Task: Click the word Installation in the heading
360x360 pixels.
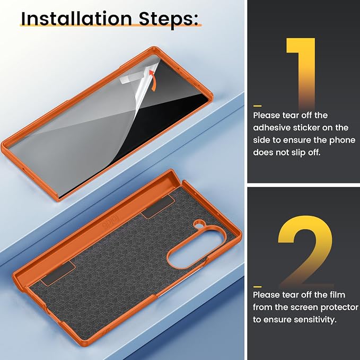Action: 76,19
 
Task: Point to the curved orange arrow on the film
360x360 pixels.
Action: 153,81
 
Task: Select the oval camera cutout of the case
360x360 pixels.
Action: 195,249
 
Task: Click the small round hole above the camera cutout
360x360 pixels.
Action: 199,223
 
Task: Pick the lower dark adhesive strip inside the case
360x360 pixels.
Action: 58,274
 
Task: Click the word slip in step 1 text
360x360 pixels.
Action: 298,153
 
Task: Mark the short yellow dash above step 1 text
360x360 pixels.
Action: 257,106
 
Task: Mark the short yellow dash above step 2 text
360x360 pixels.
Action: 257,287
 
